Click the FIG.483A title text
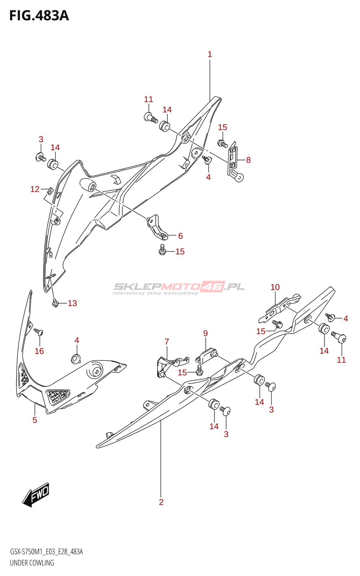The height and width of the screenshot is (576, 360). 39,16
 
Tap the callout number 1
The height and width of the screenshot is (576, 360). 210,54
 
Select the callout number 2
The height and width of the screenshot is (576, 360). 161,502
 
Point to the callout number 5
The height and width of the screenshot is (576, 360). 35,420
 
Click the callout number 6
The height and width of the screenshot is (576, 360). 180,236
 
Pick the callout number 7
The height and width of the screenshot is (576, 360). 167,342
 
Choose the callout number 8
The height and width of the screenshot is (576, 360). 248,160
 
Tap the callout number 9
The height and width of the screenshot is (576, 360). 205,333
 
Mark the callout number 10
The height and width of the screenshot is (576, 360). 275,287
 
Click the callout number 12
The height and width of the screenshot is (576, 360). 35,189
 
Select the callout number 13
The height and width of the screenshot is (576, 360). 72,303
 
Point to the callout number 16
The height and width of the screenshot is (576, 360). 39,351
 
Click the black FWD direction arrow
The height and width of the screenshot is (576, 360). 36,495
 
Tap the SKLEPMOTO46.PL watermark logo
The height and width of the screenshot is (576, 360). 179,288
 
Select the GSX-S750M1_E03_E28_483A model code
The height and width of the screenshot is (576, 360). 46,552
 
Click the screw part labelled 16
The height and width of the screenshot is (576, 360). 38,331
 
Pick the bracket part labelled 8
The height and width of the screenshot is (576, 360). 234,162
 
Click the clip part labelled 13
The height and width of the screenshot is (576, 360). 55,303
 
